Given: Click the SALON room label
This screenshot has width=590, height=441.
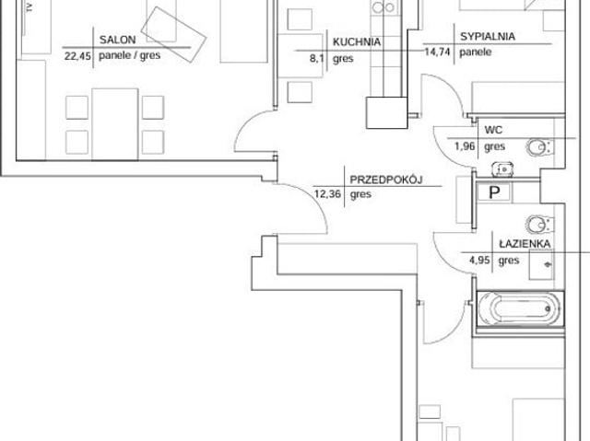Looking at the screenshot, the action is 117,40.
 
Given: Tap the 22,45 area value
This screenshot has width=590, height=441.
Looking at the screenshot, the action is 77,56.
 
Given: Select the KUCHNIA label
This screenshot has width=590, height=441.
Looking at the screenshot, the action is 357,42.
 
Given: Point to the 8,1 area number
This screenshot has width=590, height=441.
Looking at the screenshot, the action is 317,59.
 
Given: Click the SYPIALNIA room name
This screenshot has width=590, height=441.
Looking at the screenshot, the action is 488,37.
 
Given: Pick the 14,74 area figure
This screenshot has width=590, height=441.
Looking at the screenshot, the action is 437,52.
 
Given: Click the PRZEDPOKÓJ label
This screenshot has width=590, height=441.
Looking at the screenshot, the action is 386,180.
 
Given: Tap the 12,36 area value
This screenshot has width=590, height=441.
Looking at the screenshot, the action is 328,194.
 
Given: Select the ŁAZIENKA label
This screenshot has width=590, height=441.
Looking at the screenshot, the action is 525,244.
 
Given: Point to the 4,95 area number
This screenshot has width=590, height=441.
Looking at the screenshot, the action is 479,260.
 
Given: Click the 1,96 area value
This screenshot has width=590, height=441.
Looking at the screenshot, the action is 465,146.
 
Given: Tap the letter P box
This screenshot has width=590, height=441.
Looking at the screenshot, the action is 494,192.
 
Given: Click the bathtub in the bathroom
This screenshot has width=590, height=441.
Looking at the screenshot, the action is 520,309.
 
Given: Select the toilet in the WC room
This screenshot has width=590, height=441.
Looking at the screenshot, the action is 539,147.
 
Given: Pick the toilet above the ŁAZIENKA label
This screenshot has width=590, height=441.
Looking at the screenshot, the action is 539,225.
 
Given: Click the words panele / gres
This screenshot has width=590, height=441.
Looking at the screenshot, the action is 129,55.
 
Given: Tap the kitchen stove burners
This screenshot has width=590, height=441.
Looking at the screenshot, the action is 383,7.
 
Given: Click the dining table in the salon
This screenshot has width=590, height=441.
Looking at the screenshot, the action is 114,124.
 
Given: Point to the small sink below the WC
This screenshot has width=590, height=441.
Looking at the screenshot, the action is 503,169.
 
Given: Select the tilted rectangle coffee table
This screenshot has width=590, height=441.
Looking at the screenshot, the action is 174,35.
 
